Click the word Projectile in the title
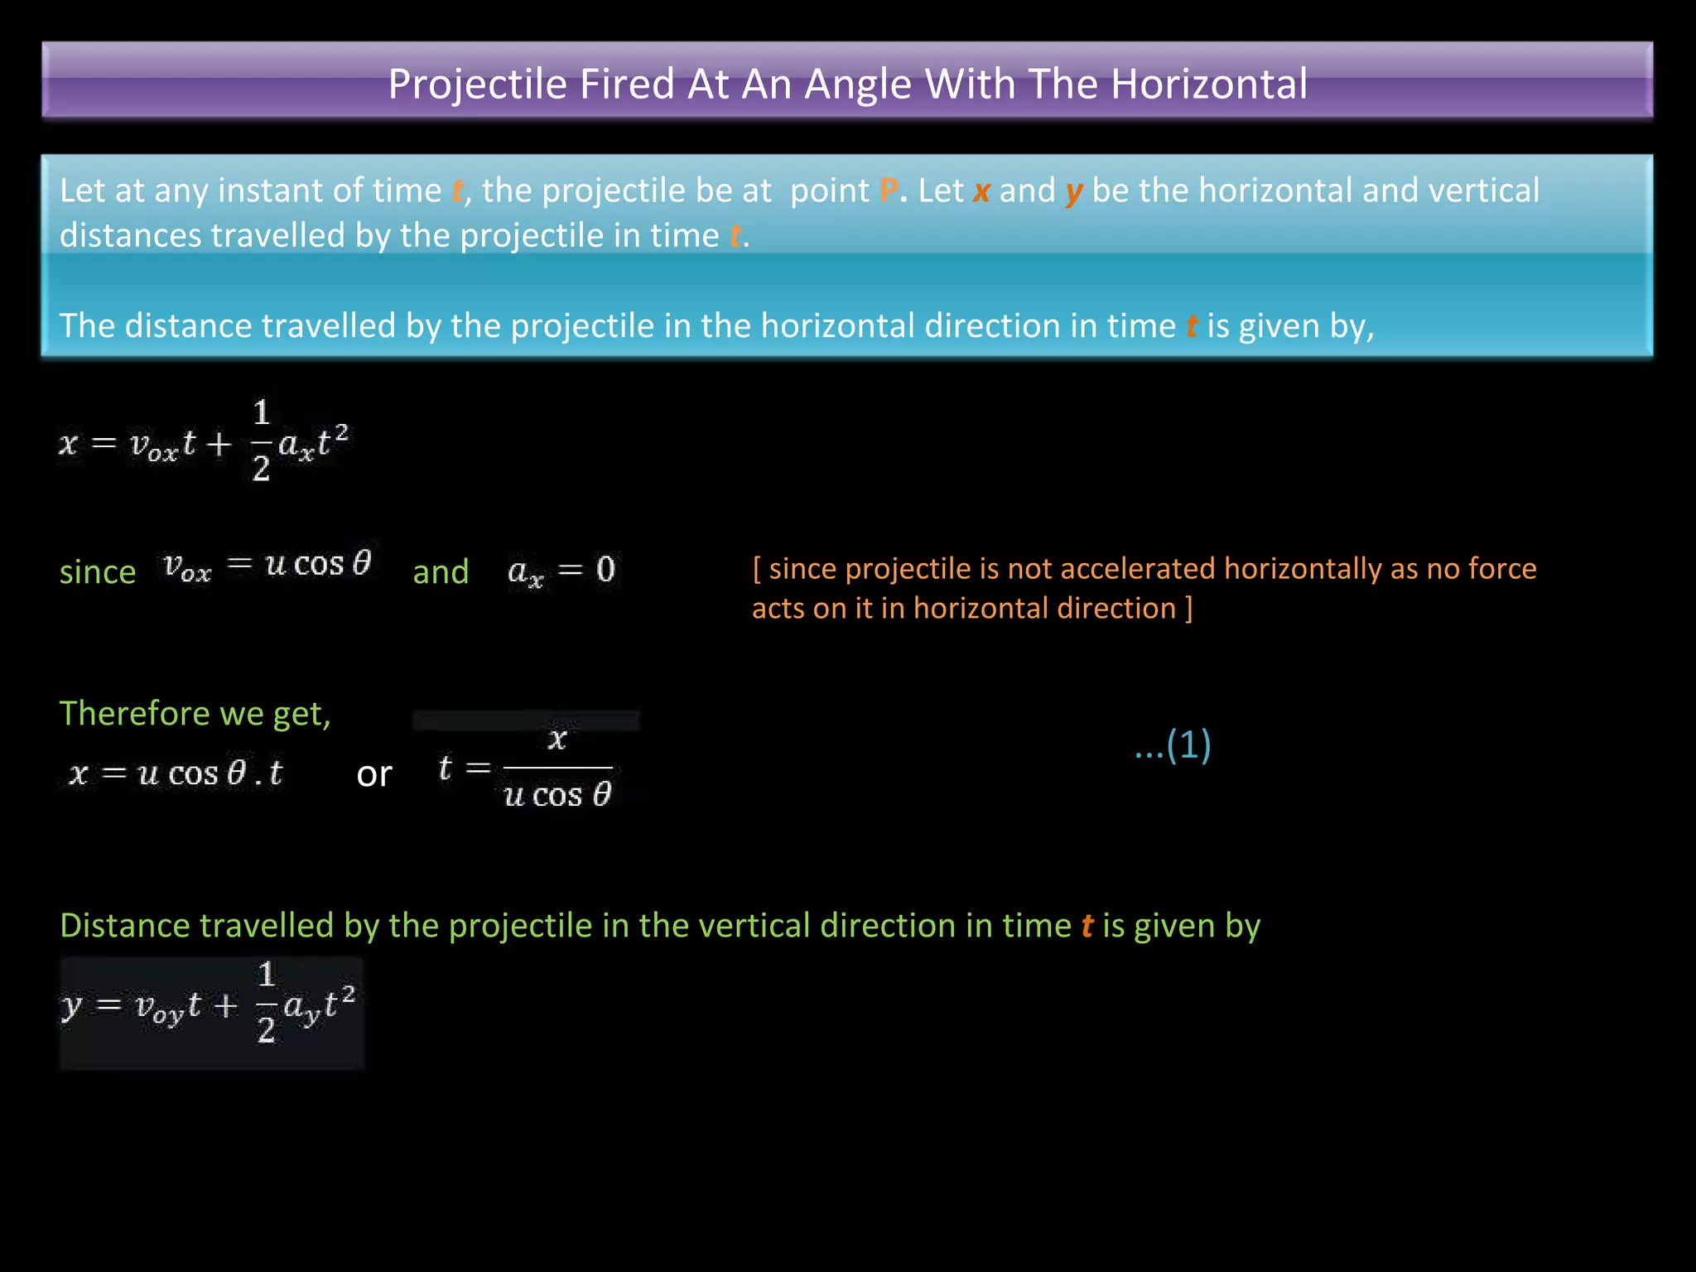point(476,84)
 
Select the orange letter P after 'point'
point(889,191)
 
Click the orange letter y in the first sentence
point(1074,193)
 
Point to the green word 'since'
point(98,572)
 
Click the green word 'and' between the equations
point(441,571)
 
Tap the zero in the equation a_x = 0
point(605,569)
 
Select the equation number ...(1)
point(1173,744)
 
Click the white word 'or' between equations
point(374,774)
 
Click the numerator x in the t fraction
point(557,738)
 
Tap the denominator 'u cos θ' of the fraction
point(557,795)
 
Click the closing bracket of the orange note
point(1189,609)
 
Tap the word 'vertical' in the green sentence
point(754,926)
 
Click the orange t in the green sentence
point(1087,926)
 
